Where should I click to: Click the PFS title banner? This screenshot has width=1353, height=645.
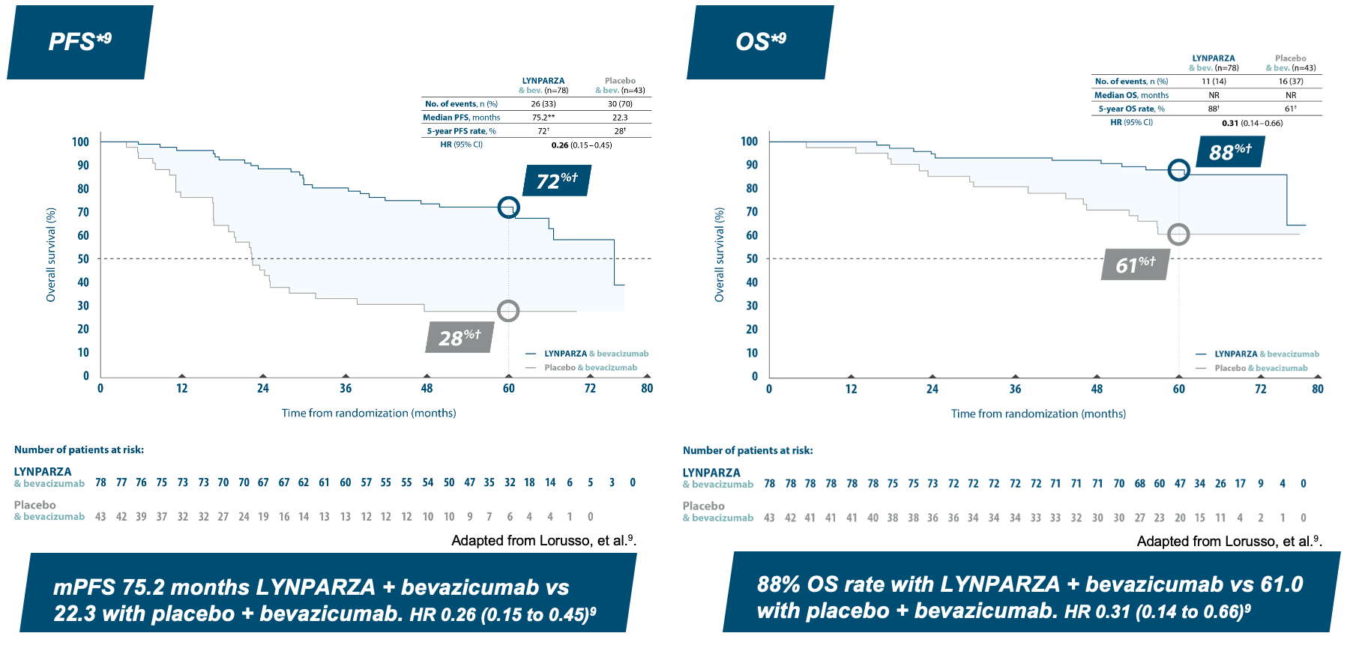click(x=80, y=41)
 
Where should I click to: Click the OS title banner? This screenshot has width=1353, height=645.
click(x=760, y=41)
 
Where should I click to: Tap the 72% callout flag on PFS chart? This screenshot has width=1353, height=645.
click(x=557, y=181)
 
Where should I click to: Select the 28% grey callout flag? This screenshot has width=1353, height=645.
click(x=459, y=338)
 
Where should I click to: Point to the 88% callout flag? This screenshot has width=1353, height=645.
click(x=1230, y=152)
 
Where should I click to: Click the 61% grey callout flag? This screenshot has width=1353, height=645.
click(x=1135, y=264)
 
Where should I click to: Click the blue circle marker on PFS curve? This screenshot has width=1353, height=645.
click(x=508, y=208)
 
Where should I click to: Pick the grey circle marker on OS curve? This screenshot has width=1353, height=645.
click(x=1178, y=234)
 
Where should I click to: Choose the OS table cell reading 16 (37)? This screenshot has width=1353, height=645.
click(x=1291, y=82)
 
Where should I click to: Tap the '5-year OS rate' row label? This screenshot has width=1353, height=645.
click(x=1131, y=109)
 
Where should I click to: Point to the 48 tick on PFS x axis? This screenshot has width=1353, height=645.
click(x=427, y=388)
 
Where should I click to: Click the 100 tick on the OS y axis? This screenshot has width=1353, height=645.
click(x=749, y=142)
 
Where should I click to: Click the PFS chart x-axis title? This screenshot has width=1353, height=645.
click(x=369, y=413)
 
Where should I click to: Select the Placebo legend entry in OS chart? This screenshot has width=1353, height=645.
click(x=1261, y=368)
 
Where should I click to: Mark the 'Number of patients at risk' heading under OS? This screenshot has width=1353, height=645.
click(x=747, y=450)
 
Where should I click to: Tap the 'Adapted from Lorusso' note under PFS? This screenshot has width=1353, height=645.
click(x=543, y=540)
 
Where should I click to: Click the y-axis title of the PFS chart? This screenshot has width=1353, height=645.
click(x=51, y=255)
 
